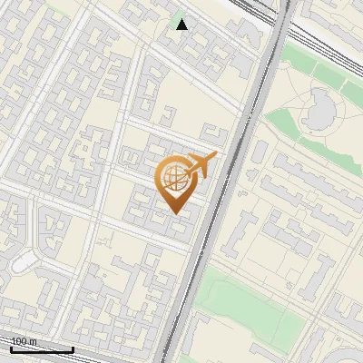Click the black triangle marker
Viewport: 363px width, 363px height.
point(182,25)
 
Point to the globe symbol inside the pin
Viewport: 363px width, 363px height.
point(175,178)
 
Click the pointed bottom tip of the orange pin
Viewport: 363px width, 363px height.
point(176,212)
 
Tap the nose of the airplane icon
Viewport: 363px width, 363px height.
point(216,155)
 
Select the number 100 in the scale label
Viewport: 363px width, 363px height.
point(18,341)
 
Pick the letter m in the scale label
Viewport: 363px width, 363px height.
point(32,341)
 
